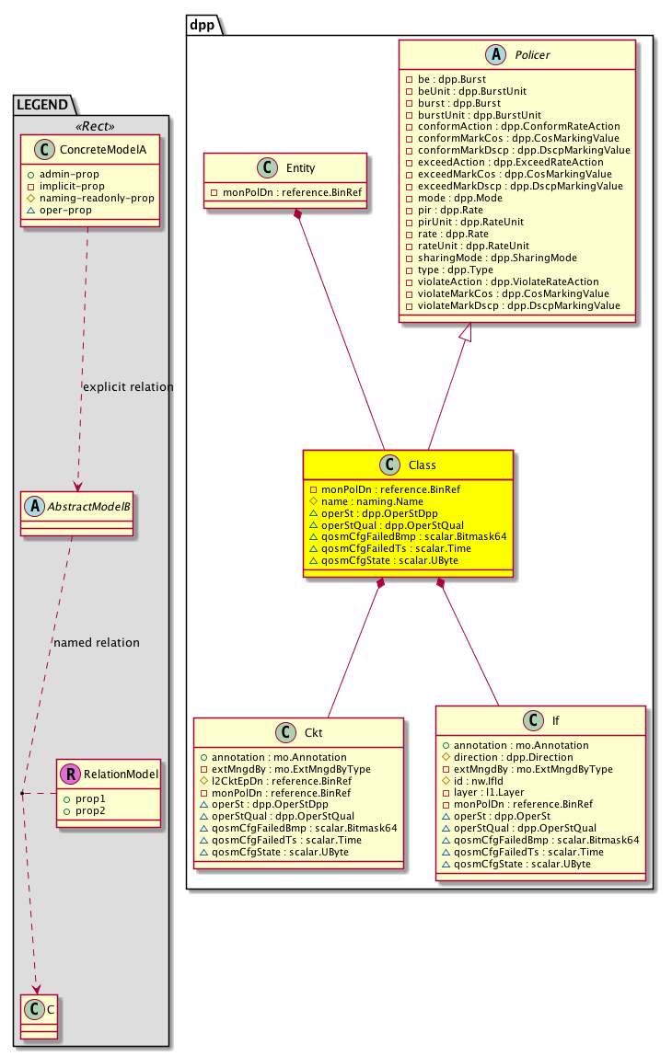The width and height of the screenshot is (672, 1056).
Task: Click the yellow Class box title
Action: (x=421, y=465)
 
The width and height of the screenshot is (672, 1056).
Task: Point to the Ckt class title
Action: (x=312, y=732)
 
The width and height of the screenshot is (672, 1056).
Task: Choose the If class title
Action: (x=555, y=722)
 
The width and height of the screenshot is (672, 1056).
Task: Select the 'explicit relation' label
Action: (x=128, y=387)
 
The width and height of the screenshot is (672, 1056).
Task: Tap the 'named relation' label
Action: (x=97, y=643)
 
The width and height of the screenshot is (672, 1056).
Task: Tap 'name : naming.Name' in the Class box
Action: (x=365, y=501)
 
